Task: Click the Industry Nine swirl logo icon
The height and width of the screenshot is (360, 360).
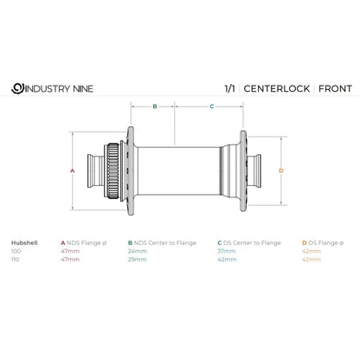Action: (x=17, y=88)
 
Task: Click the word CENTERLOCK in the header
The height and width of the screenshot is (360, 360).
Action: (x=277, y=88)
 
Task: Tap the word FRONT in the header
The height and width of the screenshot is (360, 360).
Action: (x=335, y=88)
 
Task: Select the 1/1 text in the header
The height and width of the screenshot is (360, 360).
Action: (x=229, y=88)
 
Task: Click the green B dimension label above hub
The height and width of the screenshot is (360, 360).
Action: (x=155, y=106)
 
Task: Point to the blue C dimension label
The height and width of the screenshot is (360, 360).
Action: (x=212, y=106)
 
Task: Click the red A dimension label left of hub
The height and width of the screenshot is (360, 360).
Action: (x=73, y=170)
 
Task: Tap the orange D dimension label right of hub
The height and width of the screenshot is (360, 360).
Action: (x=281, y=170)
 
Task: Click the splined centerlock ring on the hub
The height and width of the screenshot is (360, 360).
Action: (x=112, y=171)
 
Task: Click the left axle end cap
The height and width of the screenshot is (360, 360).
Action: (x=96, y=171)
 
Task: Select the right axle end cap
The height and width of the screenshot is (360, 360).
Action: (x=254, y=171)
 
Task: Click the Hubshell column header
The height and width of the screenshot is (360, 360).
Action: (x=24, y=243)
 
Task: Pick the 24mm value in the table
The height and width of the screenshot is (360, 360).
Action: (x=138, y=251)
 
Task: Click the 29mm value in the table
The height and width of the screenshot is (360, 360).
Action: (x=138, y=260)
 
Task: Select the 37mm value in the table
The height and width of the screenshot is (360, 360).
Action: (x=227, y=251)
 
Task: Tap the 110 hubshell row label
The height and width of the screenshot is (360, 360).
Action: (x=16, y=260)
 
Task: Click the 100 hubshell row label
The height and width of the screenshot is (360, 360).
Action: (x=16, y=251)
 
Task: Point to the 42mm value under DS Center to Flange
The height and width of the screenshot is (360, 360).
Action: (x=227, y=260)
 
